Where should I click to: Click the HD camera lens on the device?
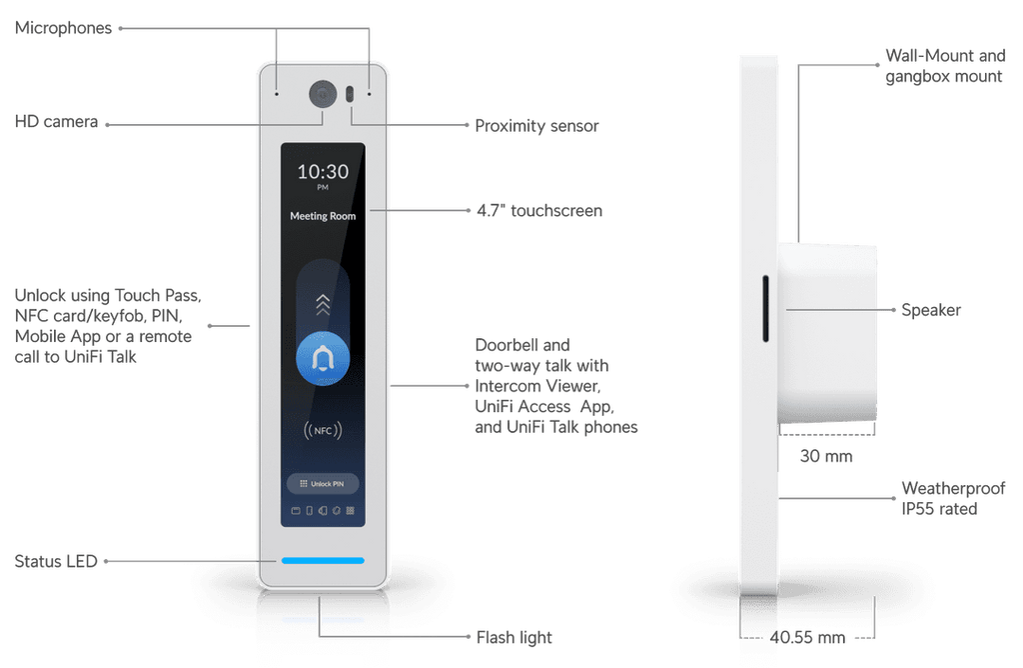(323, 94)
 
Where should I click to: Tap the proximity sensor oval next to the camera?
(350, 94)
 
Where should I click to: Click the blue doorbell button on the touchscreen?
(323, 358)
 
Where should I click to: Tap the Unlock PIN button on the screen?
(323, 484)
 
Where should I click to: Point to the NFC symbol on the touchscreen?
(323, 430)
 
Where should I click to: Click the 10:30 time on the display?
(323, 172)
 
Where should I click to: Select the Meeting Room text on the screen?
(323, 216)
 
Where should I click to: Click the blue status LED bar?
(323, 560)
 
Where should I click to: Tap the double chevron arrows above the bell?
(323, 305)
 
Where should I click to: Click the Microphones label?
(63, 28)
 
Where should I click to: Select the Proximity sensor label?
(536, 126)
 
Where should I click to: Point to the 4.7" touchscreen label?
(539, 211)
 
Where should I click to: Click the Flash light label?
(514, 637)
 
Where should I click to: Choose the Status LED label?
(56, 562)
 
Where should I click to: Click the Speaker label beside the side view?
(931, 310)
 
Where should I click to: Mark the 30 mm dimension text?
(826, 456)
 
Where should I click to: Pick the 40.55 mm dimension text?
(807, 637)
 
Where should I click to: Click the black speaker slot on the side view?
(765, 309)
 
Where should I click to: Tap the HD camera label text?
(56, 122)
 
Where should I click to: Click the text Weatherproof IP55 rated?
(953, 499)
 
